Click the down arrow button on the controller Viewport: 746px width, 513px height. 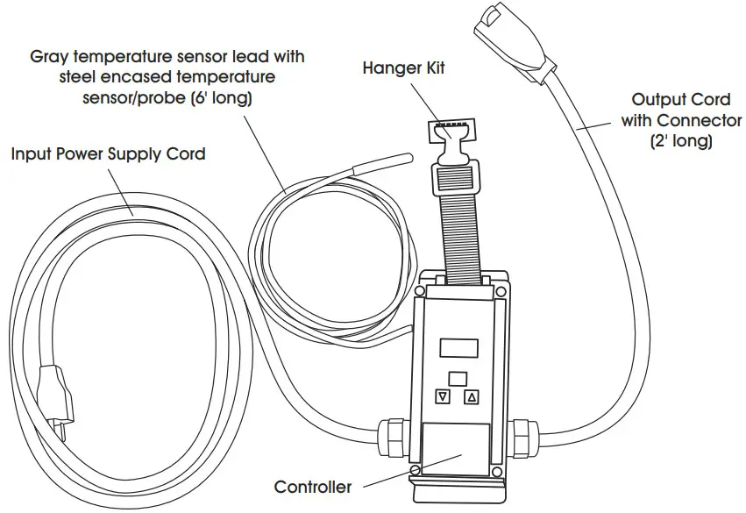tap(442, 397)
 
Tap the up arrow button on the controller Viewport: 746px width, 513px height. tap(472, 397)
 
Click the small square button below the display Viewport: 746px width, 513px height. tap(457, 380)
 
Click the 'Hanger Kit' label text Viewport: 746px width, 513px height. tap(403, 68)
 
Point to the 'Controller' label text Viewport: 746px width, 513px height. tap(313, 487)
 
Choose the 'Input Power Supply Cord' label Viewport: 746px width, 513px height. tap(108, 154)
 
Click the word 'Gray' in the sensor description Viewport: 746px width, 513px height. tap(50, 57)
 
